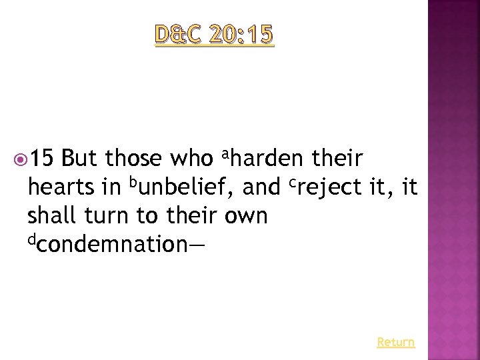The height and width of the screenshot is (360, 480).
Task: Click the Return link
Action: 395,342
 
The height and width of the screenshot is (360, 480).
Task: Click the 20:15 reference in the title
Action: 241,35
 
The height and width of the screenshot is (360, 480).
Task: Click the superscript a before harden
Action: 225,155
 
